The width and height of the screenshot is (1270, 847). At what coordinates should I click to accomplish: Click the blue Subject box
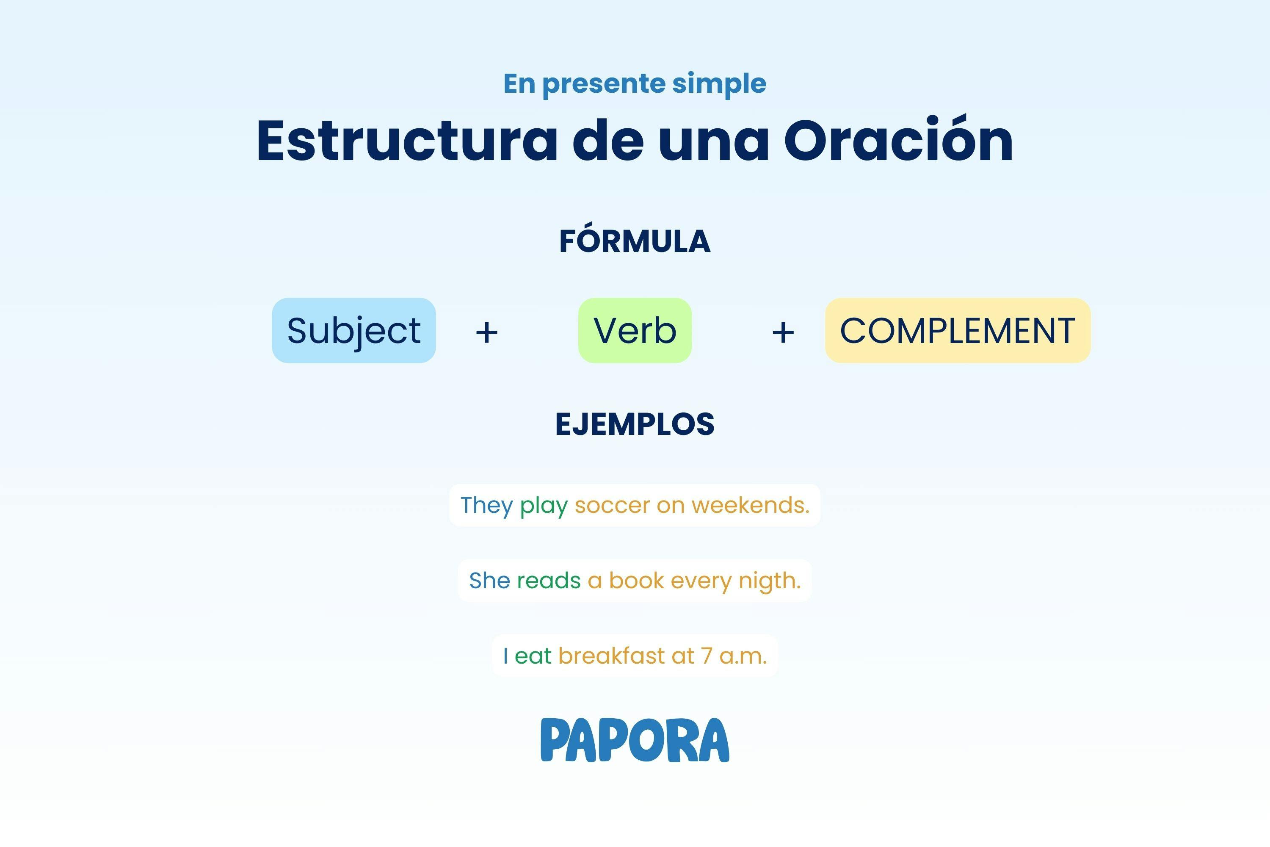[353, 331]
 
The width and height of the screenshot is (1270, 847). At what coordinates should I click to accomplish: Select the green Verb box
[635, 331]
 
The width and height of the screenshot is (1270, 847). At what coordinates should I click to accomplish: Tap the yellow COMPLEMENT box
[957, 331]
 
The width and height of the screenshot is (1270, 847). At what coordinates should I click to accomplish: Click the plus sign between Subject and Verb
[486, 332]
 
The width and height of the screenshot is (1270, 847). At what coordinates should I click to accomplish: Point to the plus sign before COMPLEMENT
[783, 332]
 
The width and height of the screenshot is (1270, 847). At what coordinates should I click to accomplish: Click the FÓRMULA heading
[635, 241]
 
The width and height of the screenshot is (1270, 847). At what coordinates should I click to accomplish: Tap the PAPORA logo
[635, 740]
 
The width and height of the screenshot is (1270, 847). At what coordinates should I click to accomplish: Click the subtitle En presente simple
[635, 84]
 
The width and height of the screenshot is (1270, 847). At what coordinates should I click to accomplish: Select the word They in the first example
[486, 506]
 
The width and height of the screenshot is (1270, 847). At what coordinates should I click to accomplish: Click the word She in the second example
[489, 581]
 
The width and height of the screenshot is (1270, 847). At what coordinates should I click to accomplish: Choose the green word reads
[549, 581]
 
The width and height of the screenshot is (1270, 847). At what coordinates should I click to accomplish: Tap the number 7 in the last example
[707, 656]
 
